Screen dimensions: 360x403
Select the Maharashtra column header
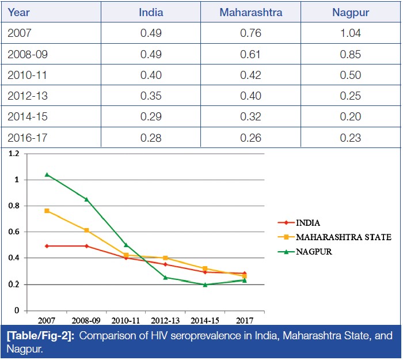tap(250, 12)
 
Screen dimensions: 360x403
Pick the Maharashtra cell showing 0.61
tap(250, 55)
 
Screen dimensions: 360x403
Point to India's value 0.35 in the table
tap(151, 96)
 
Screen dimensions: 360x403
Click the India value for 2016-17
tap(151, 138)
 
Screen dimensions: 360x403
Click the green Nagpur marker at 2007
tap(47, 175)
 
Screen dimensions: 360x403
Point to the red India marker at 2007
tap(47, 246)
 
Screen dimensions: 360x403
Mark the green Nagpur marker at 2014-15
tap(205, 284)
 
